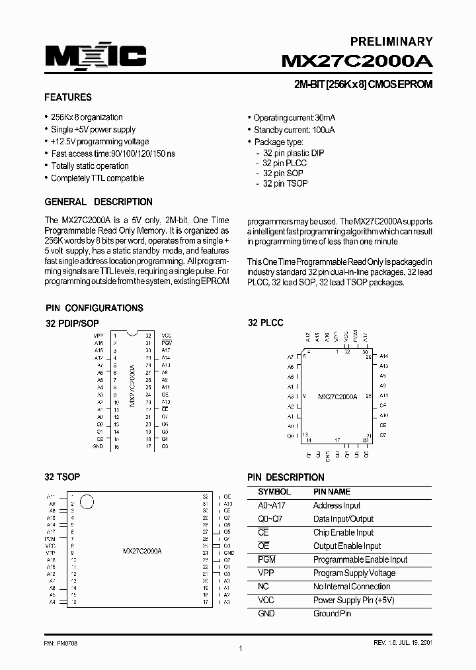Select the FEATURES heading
pos(68,97)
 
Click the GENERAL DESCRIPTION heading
pos(99,202)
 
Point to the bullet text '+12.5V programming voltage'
pos(100,142)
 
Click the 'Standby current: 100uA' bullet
pos(294,130)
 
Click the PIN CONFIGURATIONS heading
pos(94,308)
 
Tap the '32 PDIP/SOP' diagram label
pos(72,323)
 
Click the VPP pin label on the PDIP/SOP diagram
pos(99,336)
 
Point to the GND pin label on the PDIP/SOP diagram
pos(98,447)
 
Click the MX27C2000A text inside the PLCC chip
pos(337,397)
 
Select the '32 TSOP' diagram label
pos(62,477)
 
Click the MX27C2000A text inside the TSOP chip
pos(142,551)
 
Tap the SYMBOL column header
pos(274,492)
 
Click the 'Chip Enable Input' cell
pos(343,532)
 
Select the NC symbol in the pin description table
pos(263,587)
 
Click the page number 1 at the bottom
pos(241,648)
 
